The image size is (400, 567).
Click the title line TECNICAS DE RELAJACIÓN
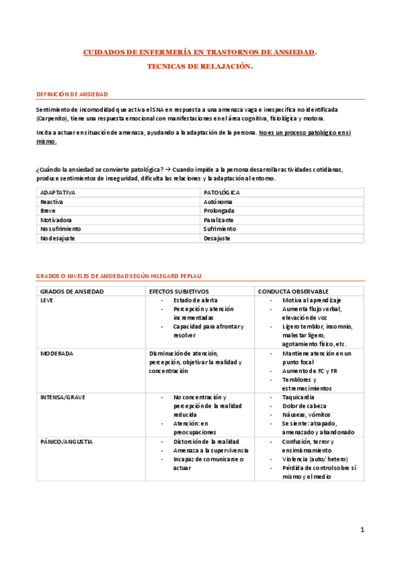[200, 67]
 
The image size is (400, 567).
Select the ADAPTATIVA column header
[58, 193]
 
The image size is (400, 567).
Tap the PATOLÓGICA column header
[222, 193]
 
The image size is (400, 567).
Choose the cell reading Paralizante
[219, 219]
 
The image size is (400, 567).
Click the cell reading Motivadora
[56, 219]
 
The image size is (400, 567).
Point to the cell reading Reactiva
[52, 201]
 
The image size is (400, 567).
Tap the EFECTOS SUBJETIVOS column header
[178, 292]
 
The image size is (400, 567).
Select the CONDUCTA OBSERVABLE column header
[292, 292]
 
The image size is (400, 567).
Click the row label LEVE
[47, 300]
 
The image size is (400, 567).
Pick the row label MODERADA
[57, 353]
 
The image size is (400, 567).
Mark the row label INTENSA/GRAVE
[62, 397]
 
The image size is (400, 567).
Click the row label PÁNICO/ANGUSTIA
[66, 441]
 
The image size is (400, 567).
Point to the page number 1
[362, 530]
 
